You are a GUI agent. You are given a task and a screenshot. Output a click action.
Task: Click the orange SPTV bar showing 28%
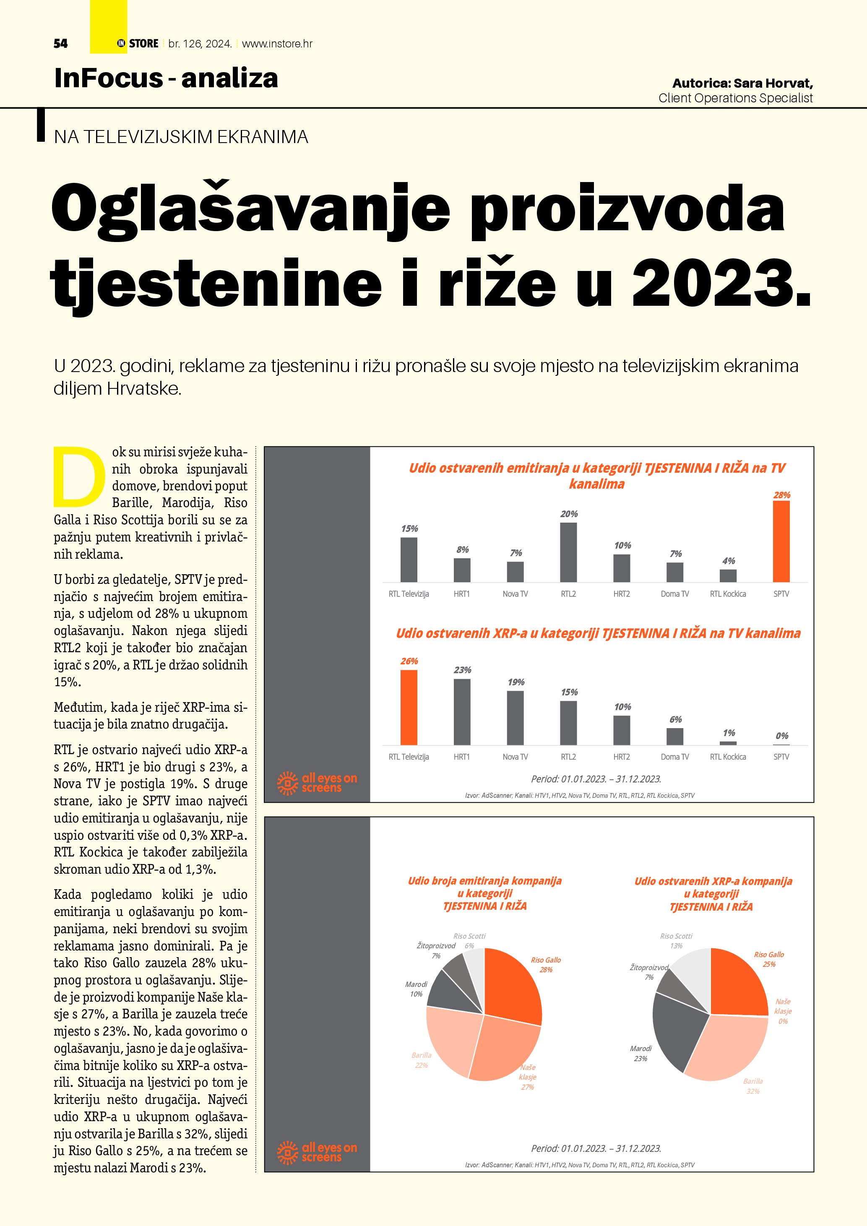pyautogui.click(x=781, y=541)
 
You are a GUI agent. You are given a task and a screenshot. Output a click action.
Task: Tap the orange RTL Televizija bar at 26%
pyautogui.click(x=409, y=707)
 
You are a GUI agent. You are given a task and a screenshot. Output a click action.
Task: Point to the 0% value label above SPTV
pyautogui.click(x=781, y=736)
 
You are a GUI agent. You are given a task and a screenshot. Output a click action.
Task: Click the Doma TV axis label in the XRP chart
pyautogui.click(x=675, y=757)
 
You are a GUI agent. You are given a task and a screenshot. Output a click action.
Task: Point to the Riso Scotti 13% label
pyautogui.click(x=676, y=941)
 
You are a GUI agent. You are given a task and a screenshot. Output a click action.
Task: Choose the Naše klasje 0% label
pyautogui.click(x=783, y=1011)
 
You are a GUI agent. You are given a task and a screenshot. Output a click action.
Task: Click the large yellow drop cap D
pyautogui.click(x=79, y=476)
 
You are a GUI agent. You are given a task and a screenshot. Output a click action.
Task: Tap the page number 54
pyautogui.click(x=60, y=44)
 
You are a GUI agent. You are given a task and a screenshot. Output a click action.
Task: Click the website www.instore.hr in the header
pyautogui.click(x=277, y=44)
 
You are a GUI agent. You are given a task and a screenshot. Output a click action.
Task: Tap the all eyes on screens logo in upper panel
pyautogui.click(x=317, y=783)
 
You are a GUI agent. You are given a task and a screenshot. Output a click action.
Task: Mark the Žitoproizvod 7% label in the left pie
pyautogui.click(x=436, y=950)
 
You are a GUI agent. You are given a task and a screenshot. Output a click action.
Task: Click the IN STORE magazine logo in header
pyautogui.click(x=138, y=44)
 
